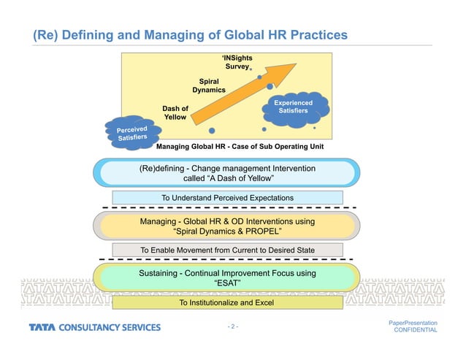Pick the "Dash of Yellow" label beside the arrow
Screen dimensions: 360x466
click(x=175, y=112)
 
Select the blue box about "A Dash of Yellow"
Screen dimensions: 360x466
click(x=227, y=174)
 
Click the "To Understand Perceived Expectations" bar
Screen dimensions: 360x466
click(x=227, y=198)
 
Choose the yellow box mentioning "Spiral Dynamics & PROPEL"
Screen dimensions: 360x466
click(x=227, y=226)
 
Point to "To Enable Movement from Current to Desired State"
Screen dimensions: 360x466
click(x=227, y=250)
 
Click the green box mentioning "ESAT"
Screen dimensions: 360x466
click(x=227, y=279)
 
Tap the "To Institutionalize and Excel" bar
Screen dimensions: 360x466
click(x=227, y=302)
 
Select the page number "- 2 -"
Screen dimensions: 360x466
click(x=234, y=326)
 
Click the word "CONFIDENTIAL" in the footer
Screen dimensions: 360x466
click(x=415, y=331)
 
